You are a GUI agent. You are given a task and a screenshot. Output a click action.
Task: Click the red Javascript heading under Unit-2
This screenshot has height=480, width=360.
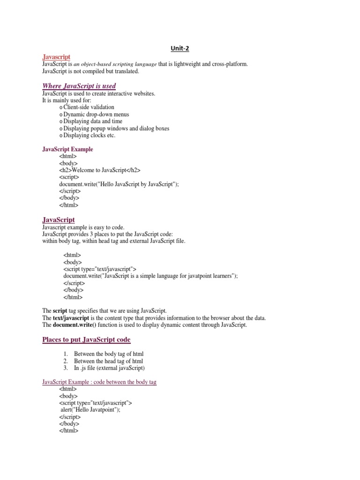tap(56, 57)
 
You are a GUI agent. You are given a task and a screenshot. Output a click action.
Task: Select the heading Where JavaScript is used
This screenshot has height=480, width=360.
tap(79, 86)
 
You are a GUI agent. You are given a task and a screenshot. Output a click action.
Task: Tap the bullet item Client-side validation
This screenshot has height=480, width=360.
tap(89, 107)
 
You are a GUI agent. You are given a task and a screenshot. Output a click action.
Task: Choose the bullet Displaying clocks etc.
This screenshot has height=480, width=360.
tap(89, 135)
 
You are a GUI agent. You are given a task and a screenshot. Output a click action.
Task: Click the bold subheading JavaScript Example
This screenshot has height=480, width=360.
tap(67, 149)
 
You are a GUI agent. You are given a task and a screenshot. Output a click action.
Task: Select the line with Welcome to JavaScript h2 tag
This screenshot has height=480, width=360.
tap(100, 170)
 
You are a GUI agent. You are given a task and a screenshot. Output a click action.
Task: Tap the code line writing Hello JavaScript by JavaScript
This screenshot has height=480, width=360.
tap(119, 184)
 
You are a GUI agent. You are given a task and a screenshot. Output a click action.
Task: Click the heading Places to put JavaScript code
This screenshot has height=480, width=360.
tap(86, 339)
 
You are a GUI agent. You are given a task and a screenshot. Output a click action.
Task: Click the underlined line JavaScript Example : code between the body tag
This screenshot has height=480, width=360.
tap(99, 382)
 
